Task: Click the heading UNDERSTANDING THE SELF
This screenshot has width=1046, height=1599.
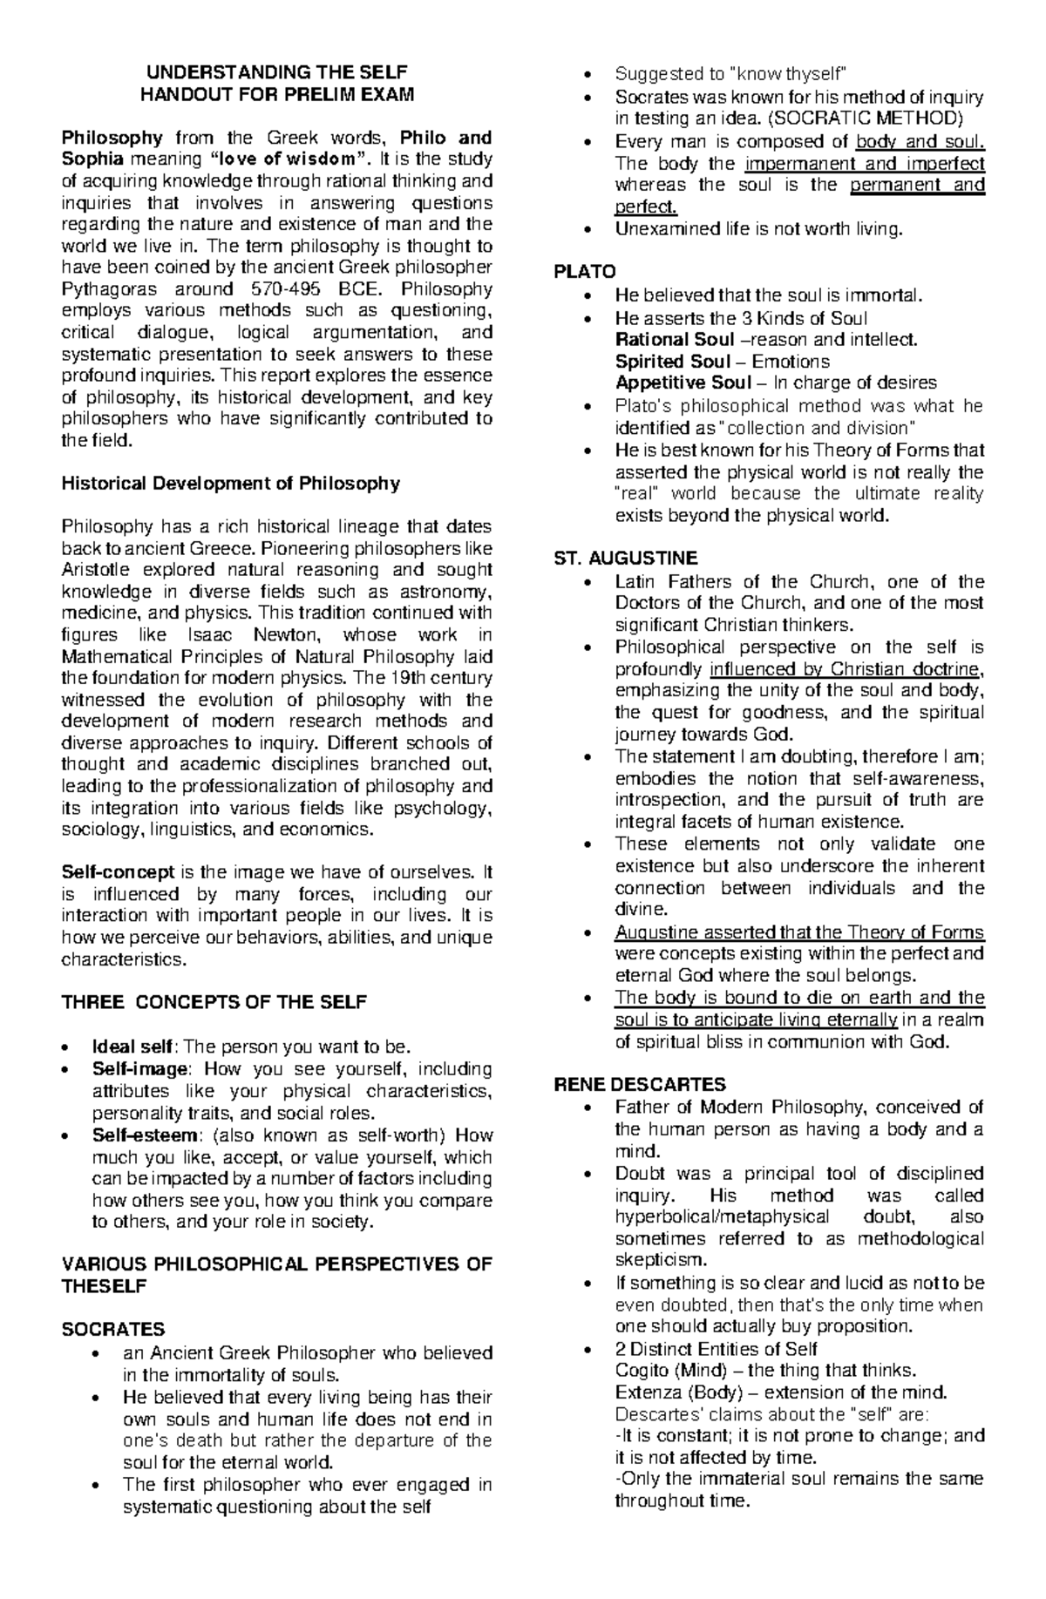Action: [x=276, y=72]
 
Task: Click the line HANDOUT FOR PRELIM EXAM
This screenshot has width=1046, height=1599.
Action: [x=276, y=94]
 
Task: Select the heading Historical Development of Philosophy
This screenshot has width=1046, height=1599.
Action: [x=230, y=484]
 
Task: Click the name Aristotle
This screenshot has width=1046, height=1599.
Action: [x=94, y=570]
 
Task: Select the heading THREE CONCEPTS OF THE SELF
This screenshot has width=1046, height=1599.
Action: [x=214, y=1002]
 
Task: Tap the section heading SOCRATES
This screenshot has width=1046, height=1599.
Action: [x=113, y=1330]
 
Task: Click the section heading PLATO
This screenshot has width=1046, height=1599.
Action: [x=585, y=273]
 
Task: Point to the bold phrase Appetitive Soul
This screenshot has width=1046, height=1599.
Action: [x=683, y=383]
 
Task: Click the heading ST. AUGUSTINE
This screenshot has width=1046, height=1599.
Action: [x=626, y=559]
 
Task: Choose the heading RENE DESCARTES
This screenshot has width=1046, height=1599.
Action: [x=640, y=1085]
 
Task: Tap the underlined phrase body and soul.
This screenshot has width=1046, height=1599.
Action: [x=920, y=141]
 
